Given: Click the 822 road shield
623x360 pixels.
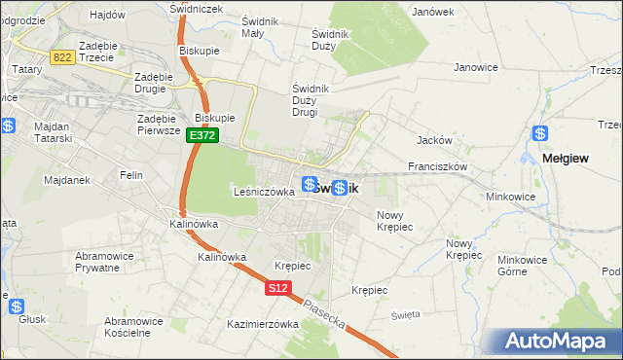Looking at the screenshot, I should [63, 57].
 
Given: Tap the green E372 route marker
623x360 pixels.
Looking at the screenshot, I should [202, 136].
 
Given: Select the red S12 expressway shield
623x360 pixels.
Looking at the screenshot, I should [277, 288].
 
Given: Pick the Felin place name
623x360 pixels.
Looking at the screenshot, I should [130, 175].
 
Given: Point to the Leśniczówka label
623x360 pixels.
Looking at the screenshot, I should [264, 192].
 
